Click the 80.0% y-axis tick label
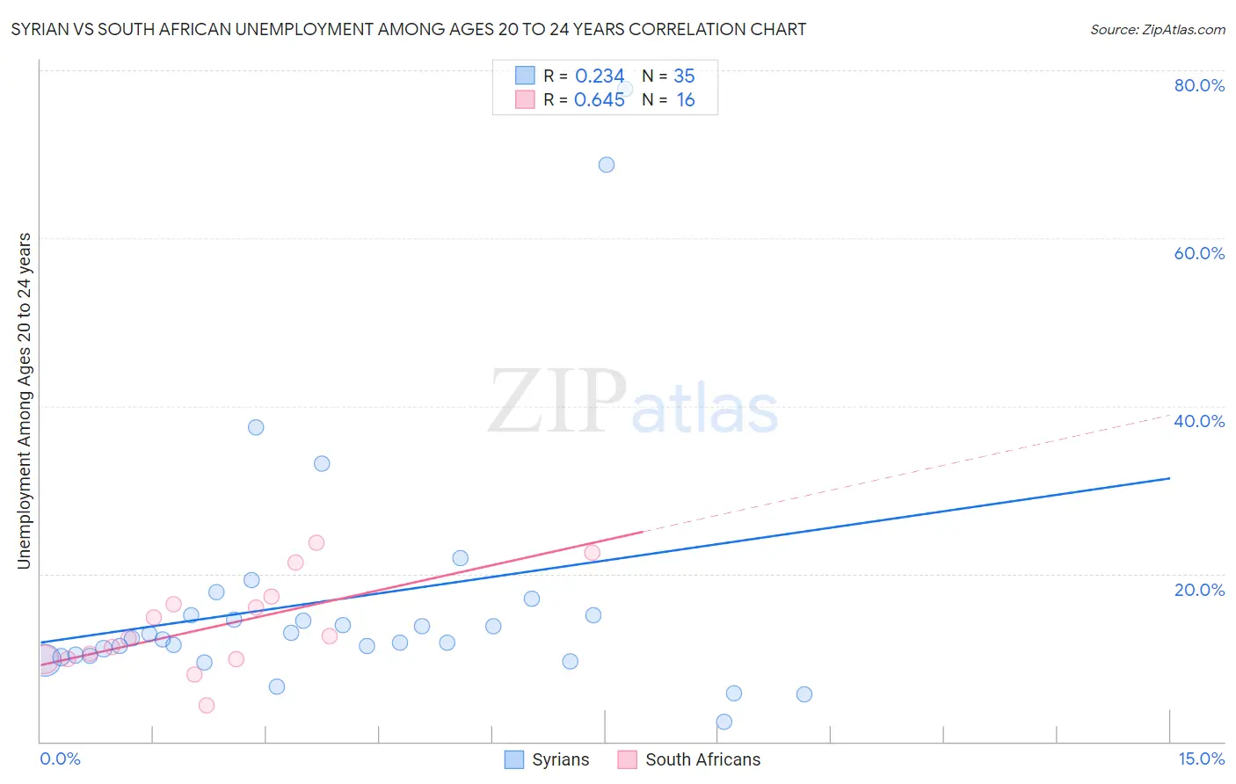coord(1199,85)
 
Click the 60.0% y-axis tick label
coord(1199,253)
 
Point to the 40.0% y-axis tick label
coord(1199,421)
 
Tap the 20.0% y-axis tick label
coord(1199,589)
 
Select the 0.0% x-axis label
coord(60,759)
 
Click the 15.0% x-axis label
coord(1201,759)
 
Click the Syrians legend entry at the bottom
coord(548,759)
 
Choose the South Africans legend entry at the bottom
coord(690,759)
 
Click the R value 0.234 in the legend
coord(600,76)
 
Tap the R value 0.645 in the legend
coord(600,100)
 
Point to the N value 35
coord(684,76)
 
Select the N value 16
coord(686,100)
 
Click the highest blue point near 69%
coord(607,164)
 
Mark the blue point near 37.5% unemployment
coord(256,427)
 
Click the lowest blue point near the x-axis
coord(724,722)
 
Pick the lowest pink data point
coord(207,705)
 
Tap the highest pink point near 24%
coord(316,542)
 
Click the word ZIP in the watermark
coord(556,403)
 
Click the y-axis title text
coord(25,401)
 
